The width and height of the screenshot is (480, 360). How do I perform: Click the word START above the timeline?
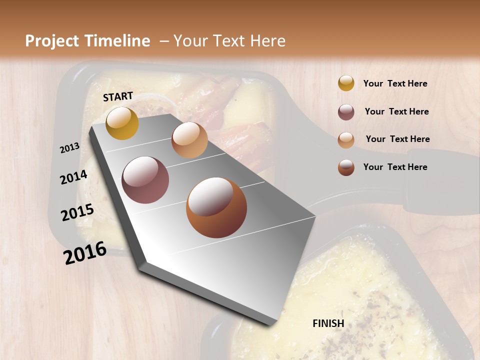(118, 96)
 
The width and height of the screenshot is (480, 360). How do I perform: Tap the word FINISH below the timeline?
(328, 323)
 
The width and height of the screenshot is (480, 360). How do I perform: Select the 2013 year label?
(69, 148)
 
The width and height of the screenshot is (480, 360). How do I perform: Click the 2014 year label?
(73, 177)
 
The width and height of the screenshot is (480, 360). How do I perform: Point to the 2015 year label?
(77, 212)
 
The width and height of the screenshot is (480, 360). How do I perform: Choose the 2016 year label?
(85, 253)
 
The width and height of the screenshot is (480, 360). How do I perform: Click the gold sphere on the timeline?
(122, 123)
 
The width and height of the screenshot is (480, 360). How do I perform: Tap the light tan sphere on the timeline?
(189, 140)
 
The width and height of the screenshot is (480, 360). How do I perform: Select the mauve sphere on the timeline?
(145, 180)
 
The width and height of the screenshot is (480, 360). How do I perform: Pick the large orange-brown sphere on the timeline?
(216, 207)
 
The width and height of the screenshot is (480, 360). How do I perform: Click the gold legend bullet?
(346, 83)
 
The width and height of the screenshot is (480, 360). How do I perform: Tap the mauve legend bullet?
(346, 112)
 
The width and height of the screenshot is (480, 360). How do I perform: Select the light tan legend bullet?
(346, 139)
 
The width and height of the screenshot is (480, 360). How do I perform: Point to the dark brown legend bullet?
(346, 167)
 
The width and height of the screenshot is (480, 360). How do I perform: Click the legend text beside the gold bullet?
(395, 83)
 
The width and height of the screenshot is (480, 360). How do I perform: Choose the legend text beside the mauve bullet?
(396, 111)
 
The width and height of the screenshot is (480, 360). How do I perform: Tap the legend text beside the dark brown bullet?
(395, 167)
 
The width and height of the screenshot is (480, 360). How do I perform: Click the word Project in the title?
(52, 41)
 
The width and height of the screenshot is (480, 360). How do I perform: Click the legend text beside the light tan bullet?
(397, 139)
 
